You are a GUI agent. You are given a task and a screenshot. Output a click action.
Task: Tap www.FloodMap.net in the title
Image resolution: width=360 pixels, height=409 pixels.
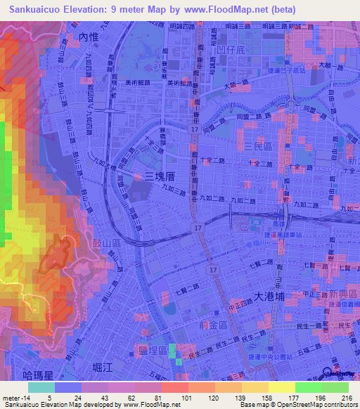pos(226,9)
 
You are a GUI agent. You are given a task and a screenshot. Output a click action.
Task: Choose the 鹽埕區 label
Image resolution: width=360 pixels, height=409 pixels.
pos(153,349)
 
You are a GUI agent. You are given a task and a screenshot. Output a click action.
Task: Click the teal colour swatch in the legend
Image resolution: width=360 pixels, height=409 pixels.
pos(41,387)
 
